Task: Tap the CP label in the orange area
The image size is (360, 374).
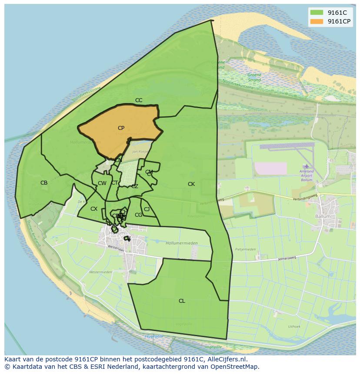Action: tap(121, 128)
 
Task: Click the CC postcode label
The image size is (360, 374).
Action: tap(139, 100)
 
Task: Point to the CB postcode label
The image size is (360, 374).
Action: tap(44, 183)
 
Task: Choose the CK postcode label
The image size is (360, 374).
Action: tap(191, 184)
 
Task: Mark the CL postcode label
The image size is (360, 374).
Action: tap(182, 301)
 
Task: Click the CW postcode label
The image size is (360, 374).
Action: tap(102, 183)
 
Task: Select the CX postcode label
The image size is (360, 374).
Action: tap(94, 209)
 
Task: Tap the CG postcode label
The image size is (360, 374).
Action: tap(139, 215)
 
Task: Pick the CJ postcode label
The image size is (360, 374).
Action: tap(147, 209)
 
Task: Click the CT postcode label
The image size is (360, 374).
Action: tap(114, 183)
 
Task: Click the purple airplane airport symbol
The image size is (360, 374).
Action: tap(307, 166)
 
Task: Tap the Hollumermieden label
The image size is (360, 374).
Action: tap(182, 243)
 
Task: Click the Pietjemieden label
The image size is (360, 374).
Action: tap(245, 250)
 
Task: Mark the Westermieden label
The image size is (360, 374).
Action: tap(100, 272)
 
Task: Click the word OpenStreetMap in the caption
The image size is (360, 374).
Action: tap(237, 367)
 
